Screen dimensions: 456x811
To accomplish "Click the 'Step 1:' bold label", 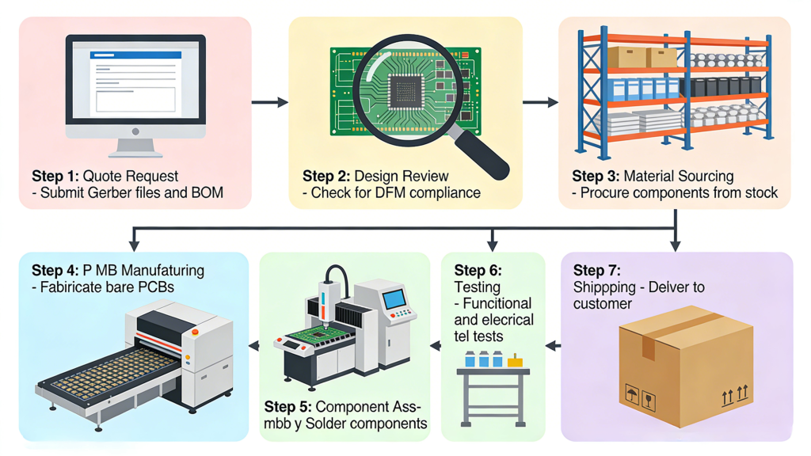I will click(55, 176).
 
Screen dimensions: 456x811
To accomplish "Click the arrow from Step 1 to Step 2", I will click(270, 102).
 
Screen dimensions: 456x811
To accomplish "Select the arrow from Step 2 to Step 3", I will click(540, 102).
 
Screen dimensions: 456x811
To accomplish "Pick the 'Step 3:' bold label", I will click(596, 176).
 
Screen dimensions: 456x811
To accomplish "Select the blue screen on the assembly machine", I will click(394, 300).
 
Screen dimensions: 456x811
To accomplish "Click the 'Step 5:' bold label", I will click(288, 407).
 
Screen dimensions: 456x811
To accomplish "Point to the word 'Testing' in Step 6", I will click(477, 287).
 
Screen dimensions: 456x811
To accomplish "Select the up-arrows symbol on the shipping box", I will click(734, 394).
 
